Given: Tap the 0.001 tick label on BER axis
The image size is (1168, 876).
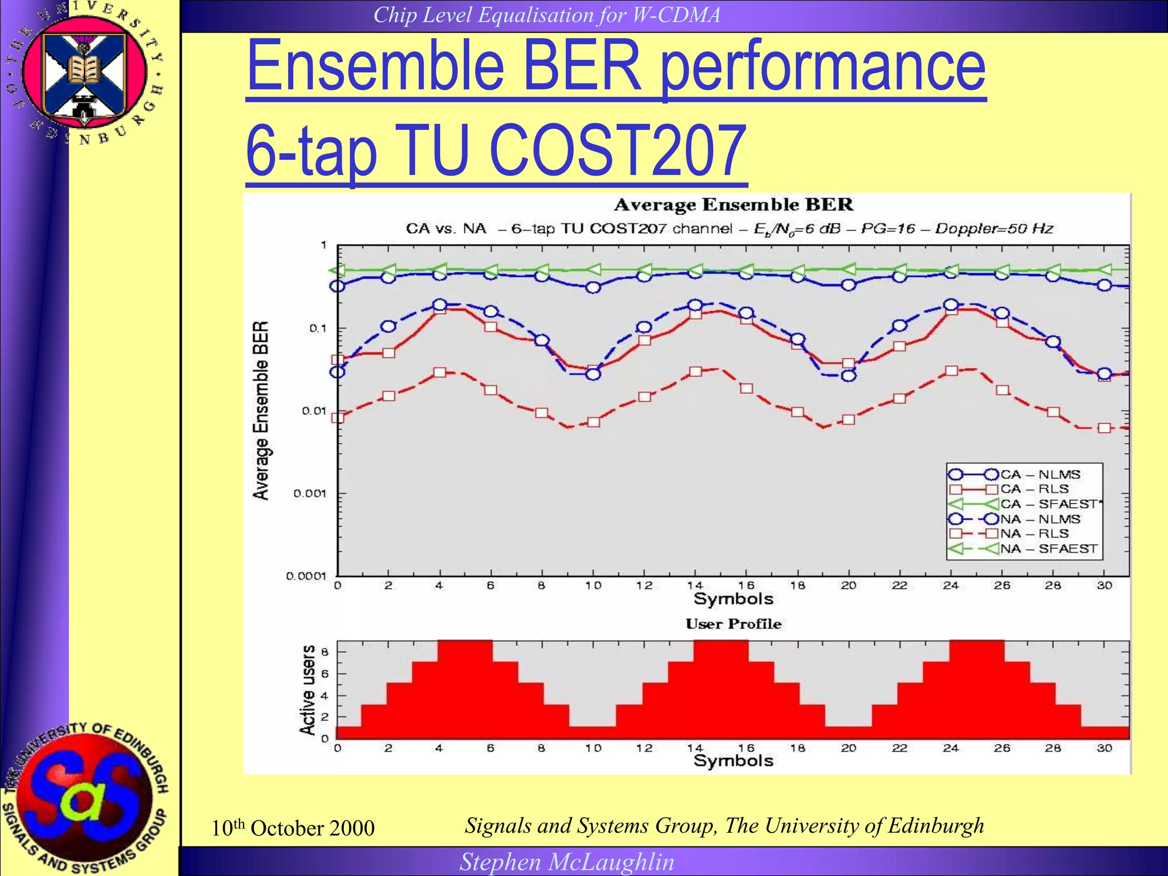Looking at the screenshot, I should (x=310, y=493).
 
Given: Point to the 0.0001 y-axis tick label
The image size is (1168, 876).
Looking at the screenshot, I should (x=306, y=576).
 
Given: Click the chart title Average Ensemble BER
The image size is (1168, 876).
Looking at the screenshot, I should (x=733, y=205).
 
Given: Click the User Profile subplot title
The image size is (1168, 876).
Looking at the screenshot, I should (x=733, y=623).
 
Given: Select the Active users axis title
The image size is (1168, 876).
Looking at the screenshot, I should (x=307, y=690).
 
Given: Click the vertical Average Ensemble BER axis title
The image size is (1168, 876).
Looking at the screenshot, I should (x=261, y=411).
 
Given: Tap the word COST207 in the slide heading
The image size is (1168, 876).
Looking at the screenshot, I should (x=618, y=151).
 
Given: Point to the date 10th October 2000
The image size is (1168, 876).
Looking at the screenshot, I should (x=293, y=828).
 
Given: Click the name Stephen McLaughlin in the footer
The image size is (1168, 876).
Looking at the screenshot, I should (x=567, y=862).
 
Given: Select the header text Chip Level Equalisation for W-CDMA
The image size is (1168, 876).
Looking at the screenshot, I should (x=547, y=15).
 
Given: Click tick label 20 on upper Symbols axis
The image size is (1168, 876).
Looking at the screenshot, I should (x=848, y=585).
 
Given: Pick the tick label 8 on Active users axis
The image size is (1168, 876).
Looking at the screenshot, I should (x=325, y=652).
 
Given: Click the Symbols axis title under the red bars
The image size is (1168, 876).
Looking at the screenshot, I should (x=733, y=760).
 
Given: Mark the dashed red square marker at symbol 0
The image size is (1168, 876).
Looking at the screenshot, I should (x=338, y=418).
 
